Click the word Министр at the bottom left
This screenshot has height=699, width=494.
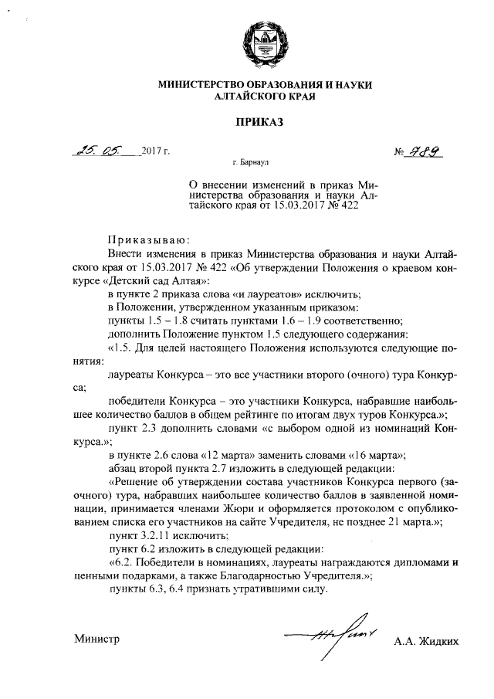point(98,640)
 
